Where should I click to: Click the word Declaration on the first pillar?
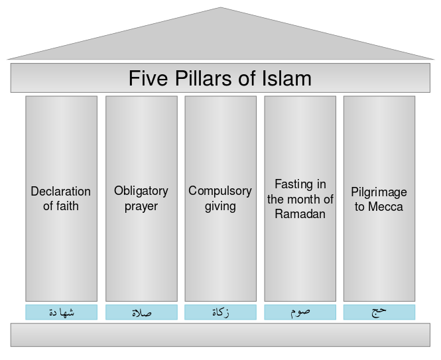61,192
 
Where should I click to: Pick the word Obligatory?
141,191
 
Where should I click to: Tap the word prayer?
141,206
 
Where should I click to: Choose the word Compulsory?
220,191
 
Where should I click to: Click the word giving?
220,206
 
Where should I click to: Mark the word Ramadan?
300,213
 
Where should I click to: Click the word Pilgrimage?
379,192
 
